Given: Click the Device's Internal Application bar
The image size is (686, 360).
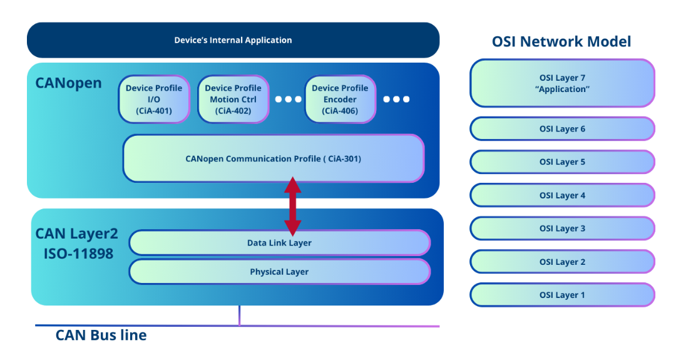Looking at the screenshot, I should (x=233, y=40).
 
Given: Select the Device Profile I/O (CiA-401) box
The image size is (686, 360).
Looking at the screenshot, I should (x=153, y=99).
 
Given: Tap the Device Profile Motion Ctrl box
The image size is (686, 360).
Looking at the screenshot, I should (x=233, y=99).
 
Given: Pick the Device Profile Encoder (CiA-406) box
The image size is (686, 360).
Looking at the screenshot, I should (x=340, y=99).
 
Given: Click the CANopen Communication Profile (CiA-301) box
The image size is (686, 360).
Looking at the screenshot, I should (x=273, y=158).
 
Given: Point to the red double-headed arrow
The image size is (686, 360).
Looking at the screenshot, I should (x=293, y=206).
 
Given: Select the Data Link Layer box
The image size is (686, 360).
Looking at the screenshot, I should (x=279, y=242).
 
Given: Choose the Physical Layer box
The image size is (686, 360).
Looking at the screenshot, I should (x=279, y=272).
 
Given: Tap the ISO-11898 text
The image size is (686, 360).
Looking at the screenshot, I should (x=74, y=254).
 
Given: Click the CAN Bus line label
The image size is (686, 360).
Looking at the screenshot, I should (x=101, y=336).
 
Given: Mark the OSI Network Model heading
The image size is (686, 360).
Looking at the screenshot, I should (x=561, y=42).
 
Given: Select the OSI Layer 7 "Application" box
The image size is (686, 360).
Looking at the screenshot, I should (x=562, y=83).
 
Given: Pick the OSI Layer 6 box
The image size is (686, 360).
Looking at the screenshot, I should (x=562, y=129).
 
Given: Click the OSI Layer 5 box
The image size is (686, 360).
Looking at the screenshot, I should (x=562, y=162).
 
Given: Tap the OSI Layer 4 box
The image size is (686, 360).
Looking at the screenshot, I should (x=562, y=195).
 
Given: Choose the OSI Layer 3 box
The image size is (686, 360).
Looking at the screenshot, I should (x=562, y=229).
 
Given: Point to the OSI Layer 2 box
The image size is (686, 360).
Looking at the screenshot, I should (x=562, y=262).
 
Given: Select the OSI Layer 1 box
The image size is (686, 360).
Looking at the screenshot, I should (x=562, y=295).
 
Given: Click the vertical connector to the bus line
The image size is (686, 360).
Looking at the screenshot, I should (x=239, y=316).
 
